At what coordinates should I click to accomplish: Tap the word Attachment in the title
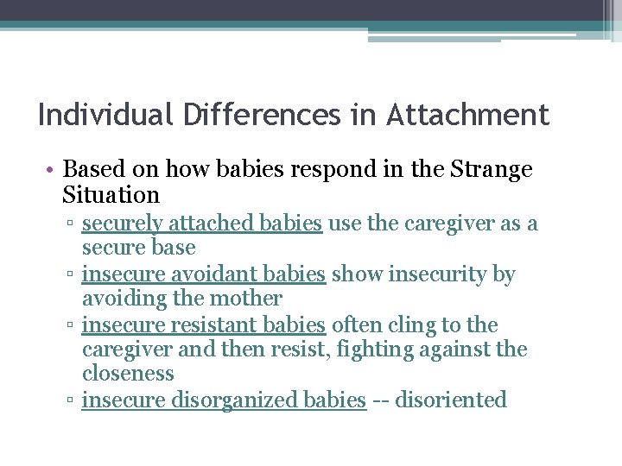(467, 115)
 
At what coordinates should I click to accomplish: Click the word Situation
(111, 195)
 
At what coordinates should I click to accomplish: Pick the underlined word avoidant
(195, 274)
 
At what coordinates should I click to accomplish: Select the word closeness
(128, 374)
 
